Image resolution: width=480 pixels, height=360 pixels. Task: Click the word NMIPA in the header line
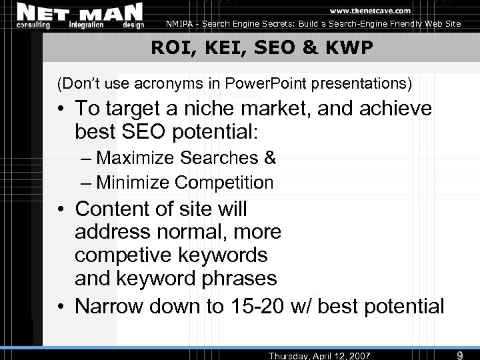185,24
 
